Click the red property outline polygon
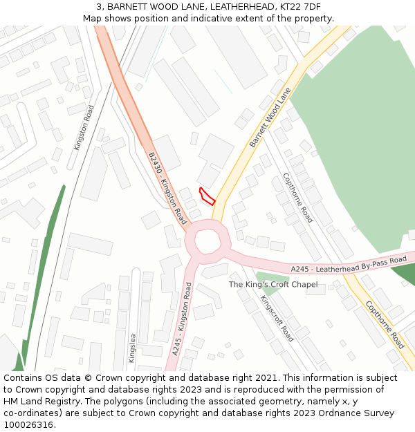(x=206, y=196)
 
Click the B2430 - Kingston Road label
(x=167, y=189)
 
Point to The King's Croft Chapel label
(x=273, y=285)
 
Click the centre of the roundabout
(x=207, y=241)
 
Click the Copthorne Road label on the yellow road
(x=385, y=323)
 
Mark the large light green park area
(x=353, y=138)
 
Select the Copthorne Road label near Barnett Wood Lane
(x=297, y=197)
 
